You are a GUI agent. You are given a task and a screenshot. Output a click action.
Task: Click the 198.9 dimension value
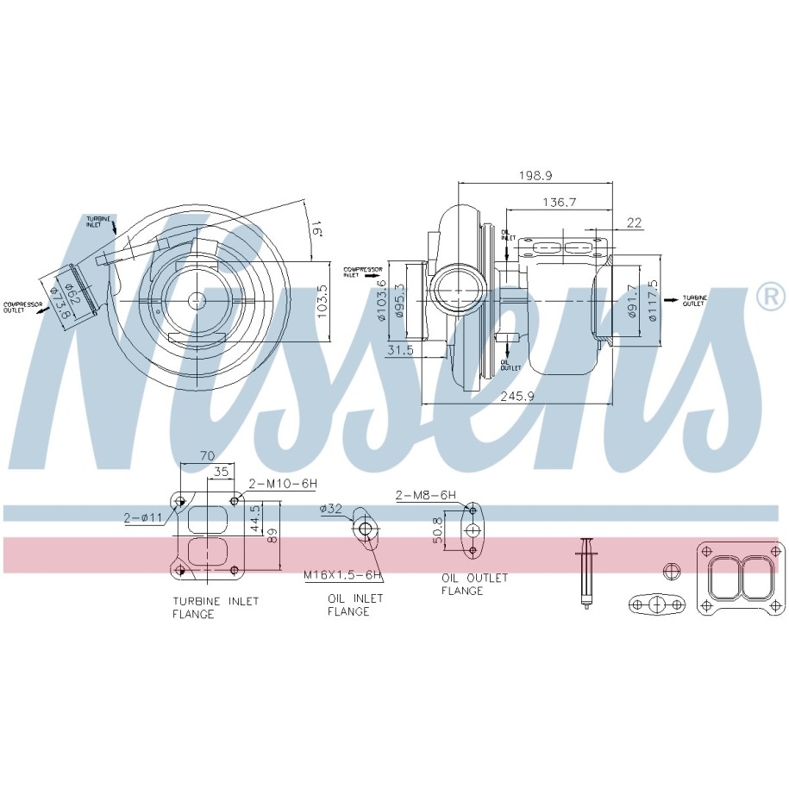(535, 175)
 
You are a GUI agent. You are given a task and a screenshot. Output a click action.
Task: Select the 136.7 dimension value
(559, 202)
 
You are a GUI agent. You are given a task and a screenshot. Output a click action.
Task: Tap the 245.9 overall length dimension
(517, 397)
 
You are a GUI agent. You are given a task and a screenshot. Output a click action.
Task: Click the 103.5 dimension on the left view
(322, 299)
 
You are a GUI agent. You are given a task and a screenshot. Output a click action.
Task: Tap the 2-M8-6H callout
(425, 495)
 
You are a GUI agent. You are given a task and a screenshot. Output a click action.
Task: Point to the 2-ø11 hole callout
(142, 517)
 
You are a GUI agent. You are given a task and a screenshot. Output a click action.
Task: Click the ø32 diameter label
(331, 509)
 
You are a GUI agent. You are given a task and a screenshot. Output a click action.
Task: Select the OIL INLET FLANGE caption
(348, 604)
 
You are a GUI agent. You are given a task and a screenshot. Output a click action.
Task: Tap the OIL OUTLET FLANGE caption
(474, 584)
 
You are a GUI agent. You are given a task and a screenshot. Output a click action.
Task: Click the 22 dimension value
(635, 222)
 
